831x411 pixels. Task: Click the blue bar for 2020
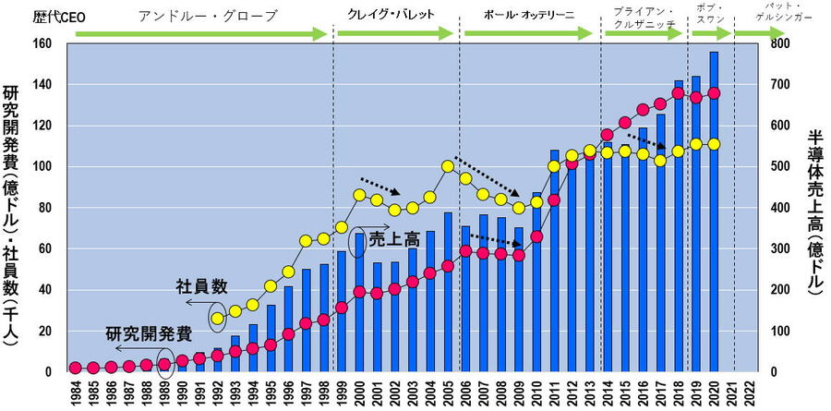(x=714, y=212)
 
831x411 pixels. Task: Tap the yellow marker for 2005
(x=448, y=166)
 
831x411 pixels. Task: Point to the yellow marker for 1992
(x=218, y=319)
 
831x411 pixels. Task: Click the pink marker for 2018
(x=679, y=92)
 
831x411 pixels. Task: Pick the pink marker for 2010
(x=536, y=236)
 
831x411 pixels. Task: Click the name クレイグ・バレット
(x=391, y=15)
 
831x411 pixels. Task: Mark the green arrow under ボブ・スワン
(x=708, y=34)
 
